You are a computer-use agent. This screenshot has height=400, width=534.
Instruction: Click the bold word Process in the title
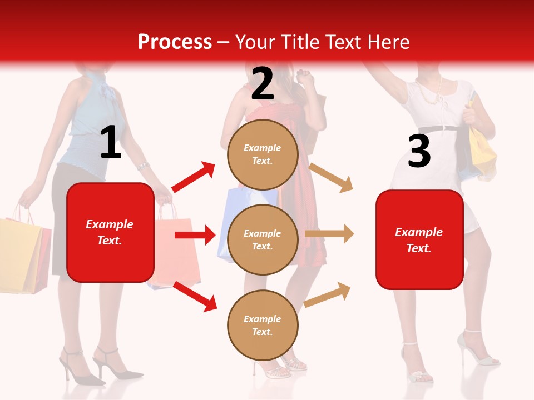(x=175, y=42)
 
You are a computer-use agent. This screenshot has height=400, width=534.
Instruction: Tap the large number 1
(x=111, y=143)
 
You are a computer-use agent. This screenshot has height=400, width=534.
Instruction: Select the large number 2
(x=262, y=84)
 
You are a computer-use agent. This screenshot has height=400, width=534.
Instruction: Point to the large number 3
(x=419, y=151)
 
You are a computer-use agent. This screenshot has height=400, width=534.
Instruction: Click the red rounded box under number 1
(x=110, y=232)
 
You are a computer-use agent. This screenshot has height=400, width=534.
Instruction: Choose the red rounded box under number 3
(x=419, y=240)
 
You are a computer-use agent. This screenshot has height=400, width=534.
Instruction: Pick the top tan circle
(x=263, y=154)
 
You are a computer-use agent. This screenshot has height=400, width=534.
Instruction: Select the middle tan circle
(x=263, y=240)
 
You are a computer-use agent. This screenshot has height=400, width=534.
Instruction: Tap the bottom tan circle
(x=263, y=325)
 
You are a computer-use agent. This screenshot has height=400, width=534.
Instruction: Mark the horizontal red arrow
(x=195, y=235)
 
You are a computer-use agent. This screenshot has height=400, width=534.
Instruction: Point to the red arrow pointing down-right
(x=195, y=296)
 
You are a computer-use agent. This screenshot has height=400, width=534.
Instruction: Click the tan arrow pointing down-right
(x=331, y=177)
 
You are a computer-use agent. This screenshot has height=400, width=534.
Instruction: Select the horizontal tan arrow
(x=329, y=234)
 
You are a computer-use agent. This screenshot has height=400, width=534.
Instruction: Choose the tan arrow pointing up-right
(x=328, y=294)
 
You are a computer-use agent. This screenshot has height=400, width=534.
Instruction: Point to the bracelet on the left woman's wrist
(x=144, y=166)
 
